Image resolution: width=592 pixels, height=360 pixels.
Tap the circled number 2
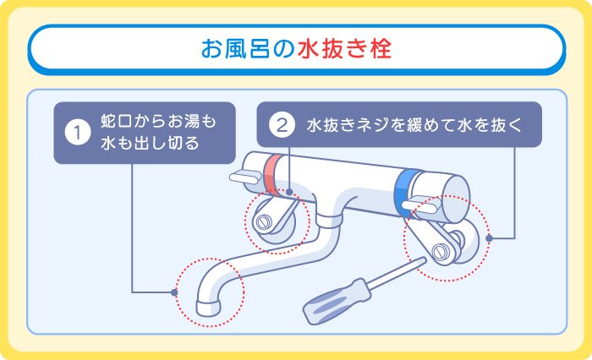point(281,124)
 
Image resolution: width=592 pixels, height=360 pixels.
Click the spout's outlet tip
point(206,303)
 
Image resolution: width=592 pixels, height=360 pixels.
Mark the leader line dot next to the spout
point(174,292)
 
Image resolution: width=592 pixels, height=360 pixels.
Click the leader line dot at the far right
point(490,238)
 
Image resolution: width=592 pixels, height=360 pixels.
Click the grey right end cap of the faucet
point(458,191)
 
